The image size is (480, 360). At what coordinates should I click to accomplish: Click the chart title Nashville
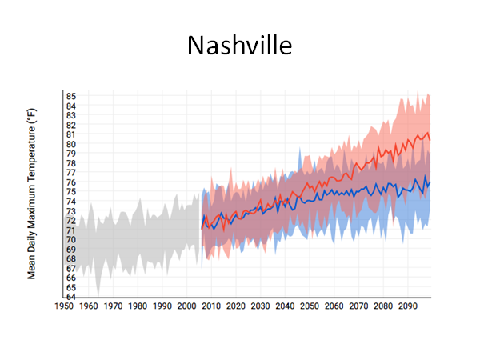pos(240,45)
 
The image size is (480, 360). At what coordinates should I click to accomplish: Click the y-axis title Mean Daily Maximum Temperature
pos(32,195)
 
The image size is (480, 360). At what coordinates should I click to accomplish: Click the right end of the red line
pos(430,140)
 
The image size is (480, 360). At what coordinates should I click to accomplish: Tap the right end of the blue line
pos(430,182)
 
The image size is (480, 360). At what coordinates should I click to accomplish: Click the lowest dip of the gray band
pos(98,295)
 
